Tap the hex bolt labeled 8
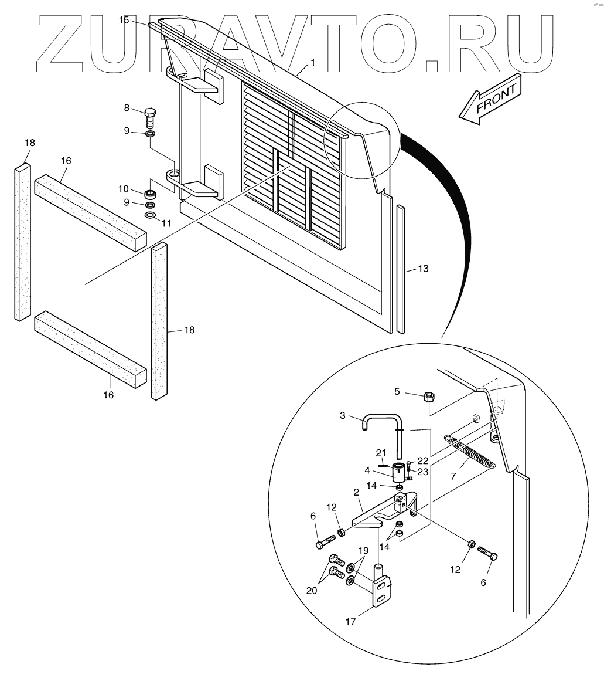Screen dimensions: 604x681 (x=150, y=118)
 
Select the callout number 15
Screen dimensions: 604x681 (x=124, y=20)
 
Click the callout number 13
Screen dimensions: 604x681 (x=423, y=269)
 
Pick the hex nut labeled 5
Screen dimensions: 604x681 (x=428, y=397)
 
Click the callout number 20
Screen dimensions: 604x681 (x=312, y=591)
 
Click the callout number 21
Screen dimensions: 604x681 (x=381, y=452)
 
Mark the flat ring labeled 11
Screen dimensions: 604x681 (x=151, y=216)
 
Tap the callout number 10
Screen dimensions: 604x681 (x=123, y=189)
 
